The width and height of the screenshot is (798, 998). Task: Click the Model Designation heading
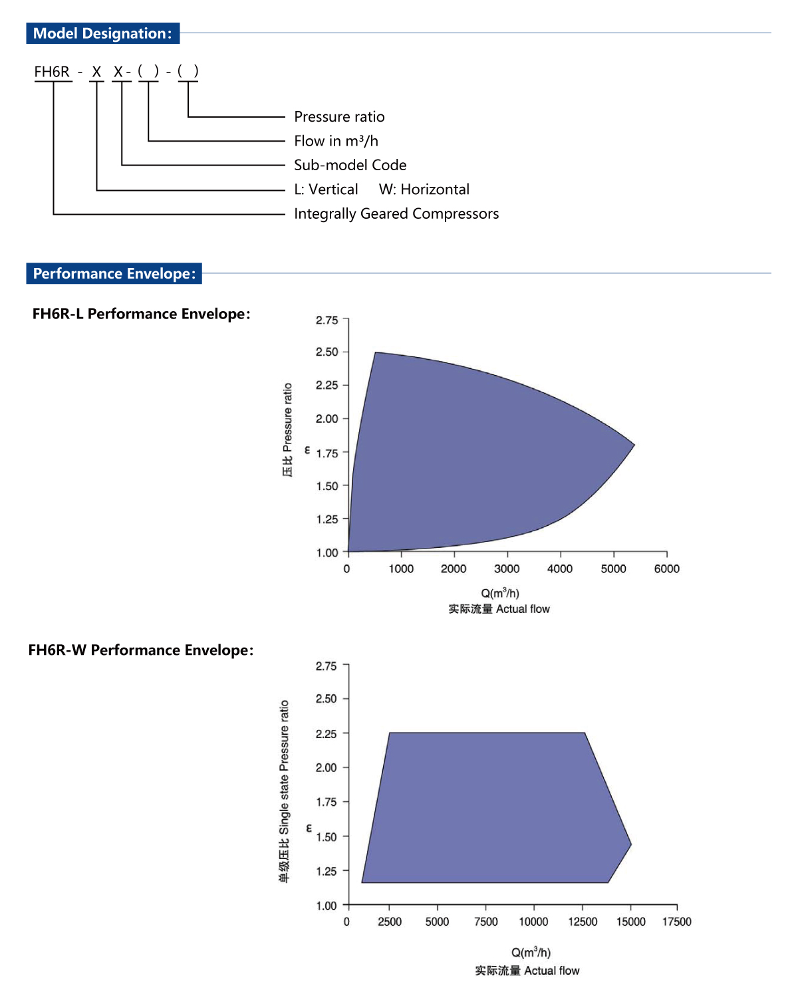(102, 33)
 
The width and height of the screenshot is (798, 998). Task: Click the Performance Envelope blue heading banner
(114, 273)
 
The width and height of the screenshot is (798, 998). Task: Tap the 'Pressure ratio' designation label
(339, 117)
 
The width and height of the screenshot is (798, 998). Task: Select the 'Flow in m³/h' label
(336, 141)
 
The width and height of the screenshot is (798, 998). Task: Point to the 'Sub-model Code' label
(350, 165)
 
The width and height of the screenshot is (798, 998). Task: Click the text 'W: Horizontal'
(424, 189)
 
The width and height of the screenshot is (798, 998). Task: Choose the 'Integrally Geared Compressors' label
(396, 214)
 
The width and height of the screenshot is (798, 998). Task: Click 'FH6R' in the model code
(52, 72)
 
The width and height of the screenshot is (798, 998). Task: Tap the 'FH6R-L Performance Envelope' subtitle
(141, 314)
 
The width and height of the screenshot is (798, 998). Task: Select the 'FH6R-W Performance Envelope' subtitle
(141, 650)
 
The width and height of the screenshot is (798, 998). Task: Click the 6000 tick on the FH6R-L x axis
(666, 568)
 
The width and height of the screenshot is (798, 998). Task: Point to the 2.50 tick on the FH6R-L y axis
(327, 352)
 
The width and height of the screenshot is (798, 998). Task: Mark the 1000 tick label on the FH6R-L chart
(401, 568)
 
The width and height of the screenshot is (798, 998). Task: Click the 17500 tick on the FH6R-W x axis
(676, 922)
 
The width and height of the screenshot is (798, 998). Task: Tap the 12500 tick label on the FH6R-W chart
(583, 922)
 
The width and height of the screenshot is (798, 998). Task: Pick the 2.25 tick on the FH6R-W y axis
(327, 733)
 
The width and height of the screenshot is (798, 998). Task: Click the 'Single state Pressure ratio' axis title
(285, 791)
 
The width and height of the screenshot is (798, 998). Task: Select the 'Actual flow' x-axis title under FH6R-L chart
(499, 609)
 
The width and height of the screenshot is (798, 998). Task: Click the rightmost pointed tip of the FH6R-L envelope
(634, 444)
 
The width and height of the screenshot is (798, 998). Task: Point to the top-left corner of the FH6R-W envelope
(390, 733)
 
